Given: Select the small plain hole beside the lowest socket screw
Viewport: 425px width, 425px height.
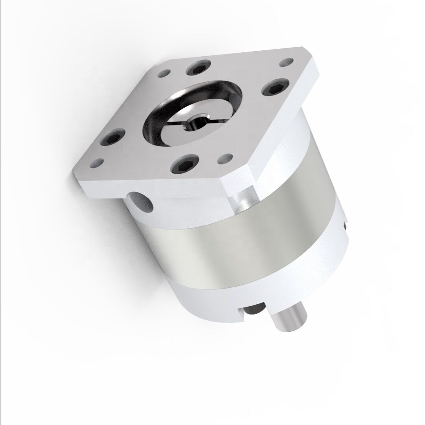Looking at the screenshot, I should [x=224, y=159].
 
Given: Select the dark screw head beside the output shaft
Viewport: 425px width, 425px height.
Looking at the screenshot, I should [x=254, y=311].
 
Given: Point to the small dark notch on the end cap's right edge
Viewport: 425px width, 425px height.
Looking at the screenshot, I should [x=345, y=225].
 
